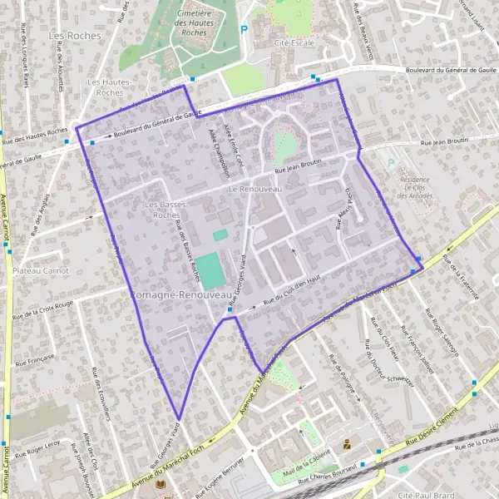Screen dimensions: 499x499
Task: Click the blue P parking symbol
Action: tap(244, 29)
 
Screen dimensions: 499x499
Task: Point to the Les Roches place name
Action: tap(75, 36)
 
